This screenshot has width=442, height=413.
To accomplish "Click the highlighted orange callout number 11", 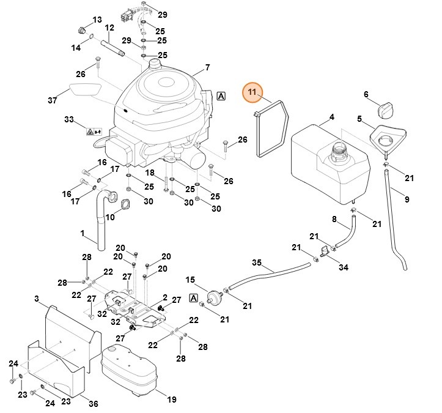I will tap(252, 92).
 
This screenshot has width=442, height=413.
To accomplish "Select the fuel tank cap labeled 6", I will tap(386, 112).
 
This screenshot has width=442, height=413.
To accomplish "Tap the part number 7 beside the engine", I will tap(207, 67).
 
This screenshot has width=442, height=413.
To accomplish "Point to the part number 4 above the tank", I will tap(332, 117).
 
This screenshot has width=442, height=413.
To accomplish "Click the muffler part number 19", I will tap(172, 400).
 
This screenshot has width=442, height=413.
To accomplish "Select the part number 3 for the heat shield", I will tap(37, 299).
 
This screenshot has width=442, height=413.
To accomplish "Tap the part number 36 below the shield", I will tap(93, 403).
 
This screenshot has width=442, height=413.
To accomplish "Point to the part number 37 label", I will tap(52, 100).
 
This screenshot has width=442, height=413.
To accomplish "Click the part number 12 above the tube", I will tap(109, 28).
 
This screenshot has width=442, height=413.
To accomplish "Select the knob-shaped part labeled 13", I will tap(83, 29).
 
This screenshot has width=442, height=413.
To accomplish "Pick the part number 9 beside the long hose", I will tap(407, 199).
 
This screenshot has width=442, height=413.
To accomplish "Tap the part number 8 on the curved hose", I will tap(334, 219).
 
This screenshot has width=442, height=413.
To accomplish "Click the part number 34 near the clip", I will tap(344, 267).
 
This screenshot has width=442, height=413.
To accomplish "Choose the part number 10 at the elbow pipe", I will tap(110, 217).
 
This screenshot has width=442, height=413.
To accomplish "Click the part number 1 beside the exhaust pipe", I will tap(83, 233).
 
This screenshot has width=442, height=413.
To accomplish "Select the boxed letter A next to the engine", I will tap(221, 96).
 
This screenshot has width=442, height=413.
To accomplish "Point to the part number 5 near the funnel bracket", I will tap(360, 118).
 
